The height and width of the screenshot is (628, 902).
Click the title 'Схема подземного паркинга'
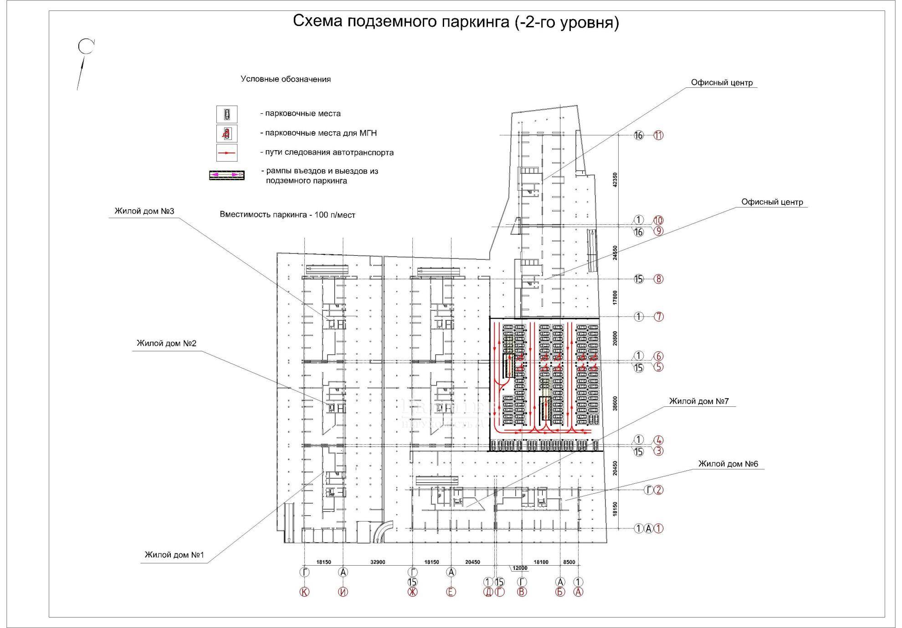(456, 22)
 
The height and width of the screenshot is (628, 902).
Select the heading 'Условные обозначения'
(286, 79)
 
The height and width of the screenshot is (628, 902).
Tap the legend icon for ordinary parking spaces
(227, 114)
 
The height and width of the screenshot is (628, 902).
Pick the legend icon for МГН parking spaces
(227, 133)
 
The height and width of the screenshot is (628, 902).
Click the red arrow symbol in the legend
(227, 153)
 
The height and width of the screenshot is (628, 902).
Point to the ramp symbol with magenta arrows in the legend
(227, 175)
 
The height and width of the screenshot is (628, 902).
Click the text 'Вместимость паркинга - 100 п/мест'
(287, 215)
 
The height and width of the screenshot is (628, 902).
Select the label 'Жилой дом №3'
(144, 211)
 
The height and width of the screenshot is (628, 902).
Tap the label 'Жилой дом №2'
(166, 343)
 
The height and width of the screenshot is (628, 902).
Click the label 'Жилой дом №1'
(174, 555)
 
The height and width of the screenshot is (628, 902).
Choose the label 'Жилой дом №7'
(699, 401)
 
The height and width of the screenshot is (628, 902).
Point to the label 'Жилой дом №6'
(728, 464)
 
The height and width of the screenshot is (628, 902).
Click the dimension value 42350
(615, 180)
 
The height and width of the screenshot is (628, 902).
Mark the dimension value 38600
(615, 403)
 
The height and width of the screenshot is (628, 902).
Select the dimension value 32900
(378, 562)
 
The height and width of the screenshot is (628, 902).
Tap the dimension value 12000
(520, 568)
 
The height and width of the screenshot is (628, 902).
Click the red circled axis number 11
(658, 135)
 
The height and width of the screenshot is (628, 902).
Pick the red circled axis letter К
(304, 592)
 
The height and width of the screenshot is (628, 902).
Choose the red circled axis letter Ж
(412, 592)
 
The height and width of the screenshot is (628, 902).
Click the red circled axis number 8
(658, 279)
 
